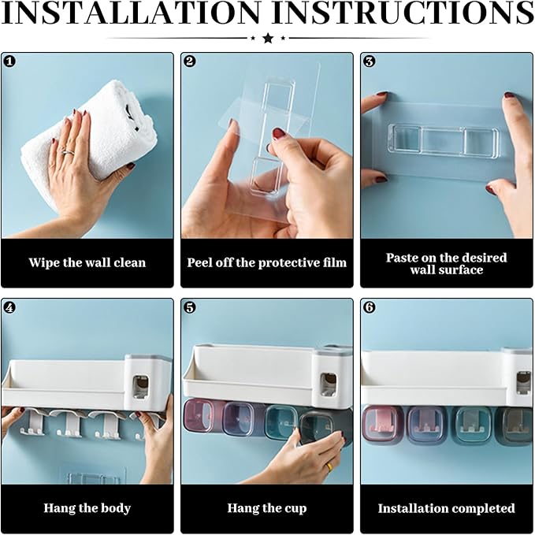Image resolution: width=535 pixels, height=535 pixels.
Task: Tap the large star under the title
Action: pyautogui.click(x=267, y=38)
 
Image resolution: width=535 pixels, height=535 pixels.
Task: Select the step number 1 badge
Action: pyautogui.click(x=9, y=61)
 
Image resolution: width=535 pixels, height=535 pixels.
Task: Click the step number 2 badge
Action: pyautogui.click(x=189, y=61)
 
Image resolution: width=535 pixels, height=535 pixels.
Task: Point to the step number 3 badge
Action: pyautogui.click(x=369, y=61)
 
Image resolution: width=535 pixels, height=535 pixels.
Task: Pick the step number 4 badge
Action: pyautogui.click(x=9, y=307)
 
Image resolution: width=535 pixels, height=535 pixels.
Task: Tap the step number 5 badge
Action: pyautogui.click(x=189, y=307)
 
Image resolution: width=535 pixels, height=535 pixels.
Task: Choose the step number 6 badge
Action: pyautogui.click(x=369, y=307)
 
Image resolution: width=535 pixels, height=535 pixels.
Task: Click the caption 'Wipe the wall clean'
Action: pyautogui.click(x=87, y=262)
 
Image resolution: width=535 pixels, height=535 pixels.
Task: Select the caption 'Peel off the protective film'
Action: pyautogui.click(x=266, y=262)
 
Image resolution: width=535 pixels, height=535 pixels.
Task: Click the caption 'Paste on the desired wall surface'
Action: pyautogui.click(x=446, y=263)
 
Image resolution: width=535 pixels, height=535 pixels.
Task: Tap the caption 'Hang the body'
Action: pyautogui.click(x=87, y=508)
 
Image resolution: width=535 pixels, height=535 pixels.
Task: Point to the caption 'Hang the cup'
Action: pyautogui.click(x=266, y=508)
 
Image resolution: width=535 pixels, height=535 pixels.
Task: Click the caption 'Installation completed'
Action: pyautogui.click(x=446, y=508)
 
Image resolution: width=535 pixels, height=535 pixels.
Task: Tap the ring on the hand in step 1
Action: pyautogui.click(x=68, y=152)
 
